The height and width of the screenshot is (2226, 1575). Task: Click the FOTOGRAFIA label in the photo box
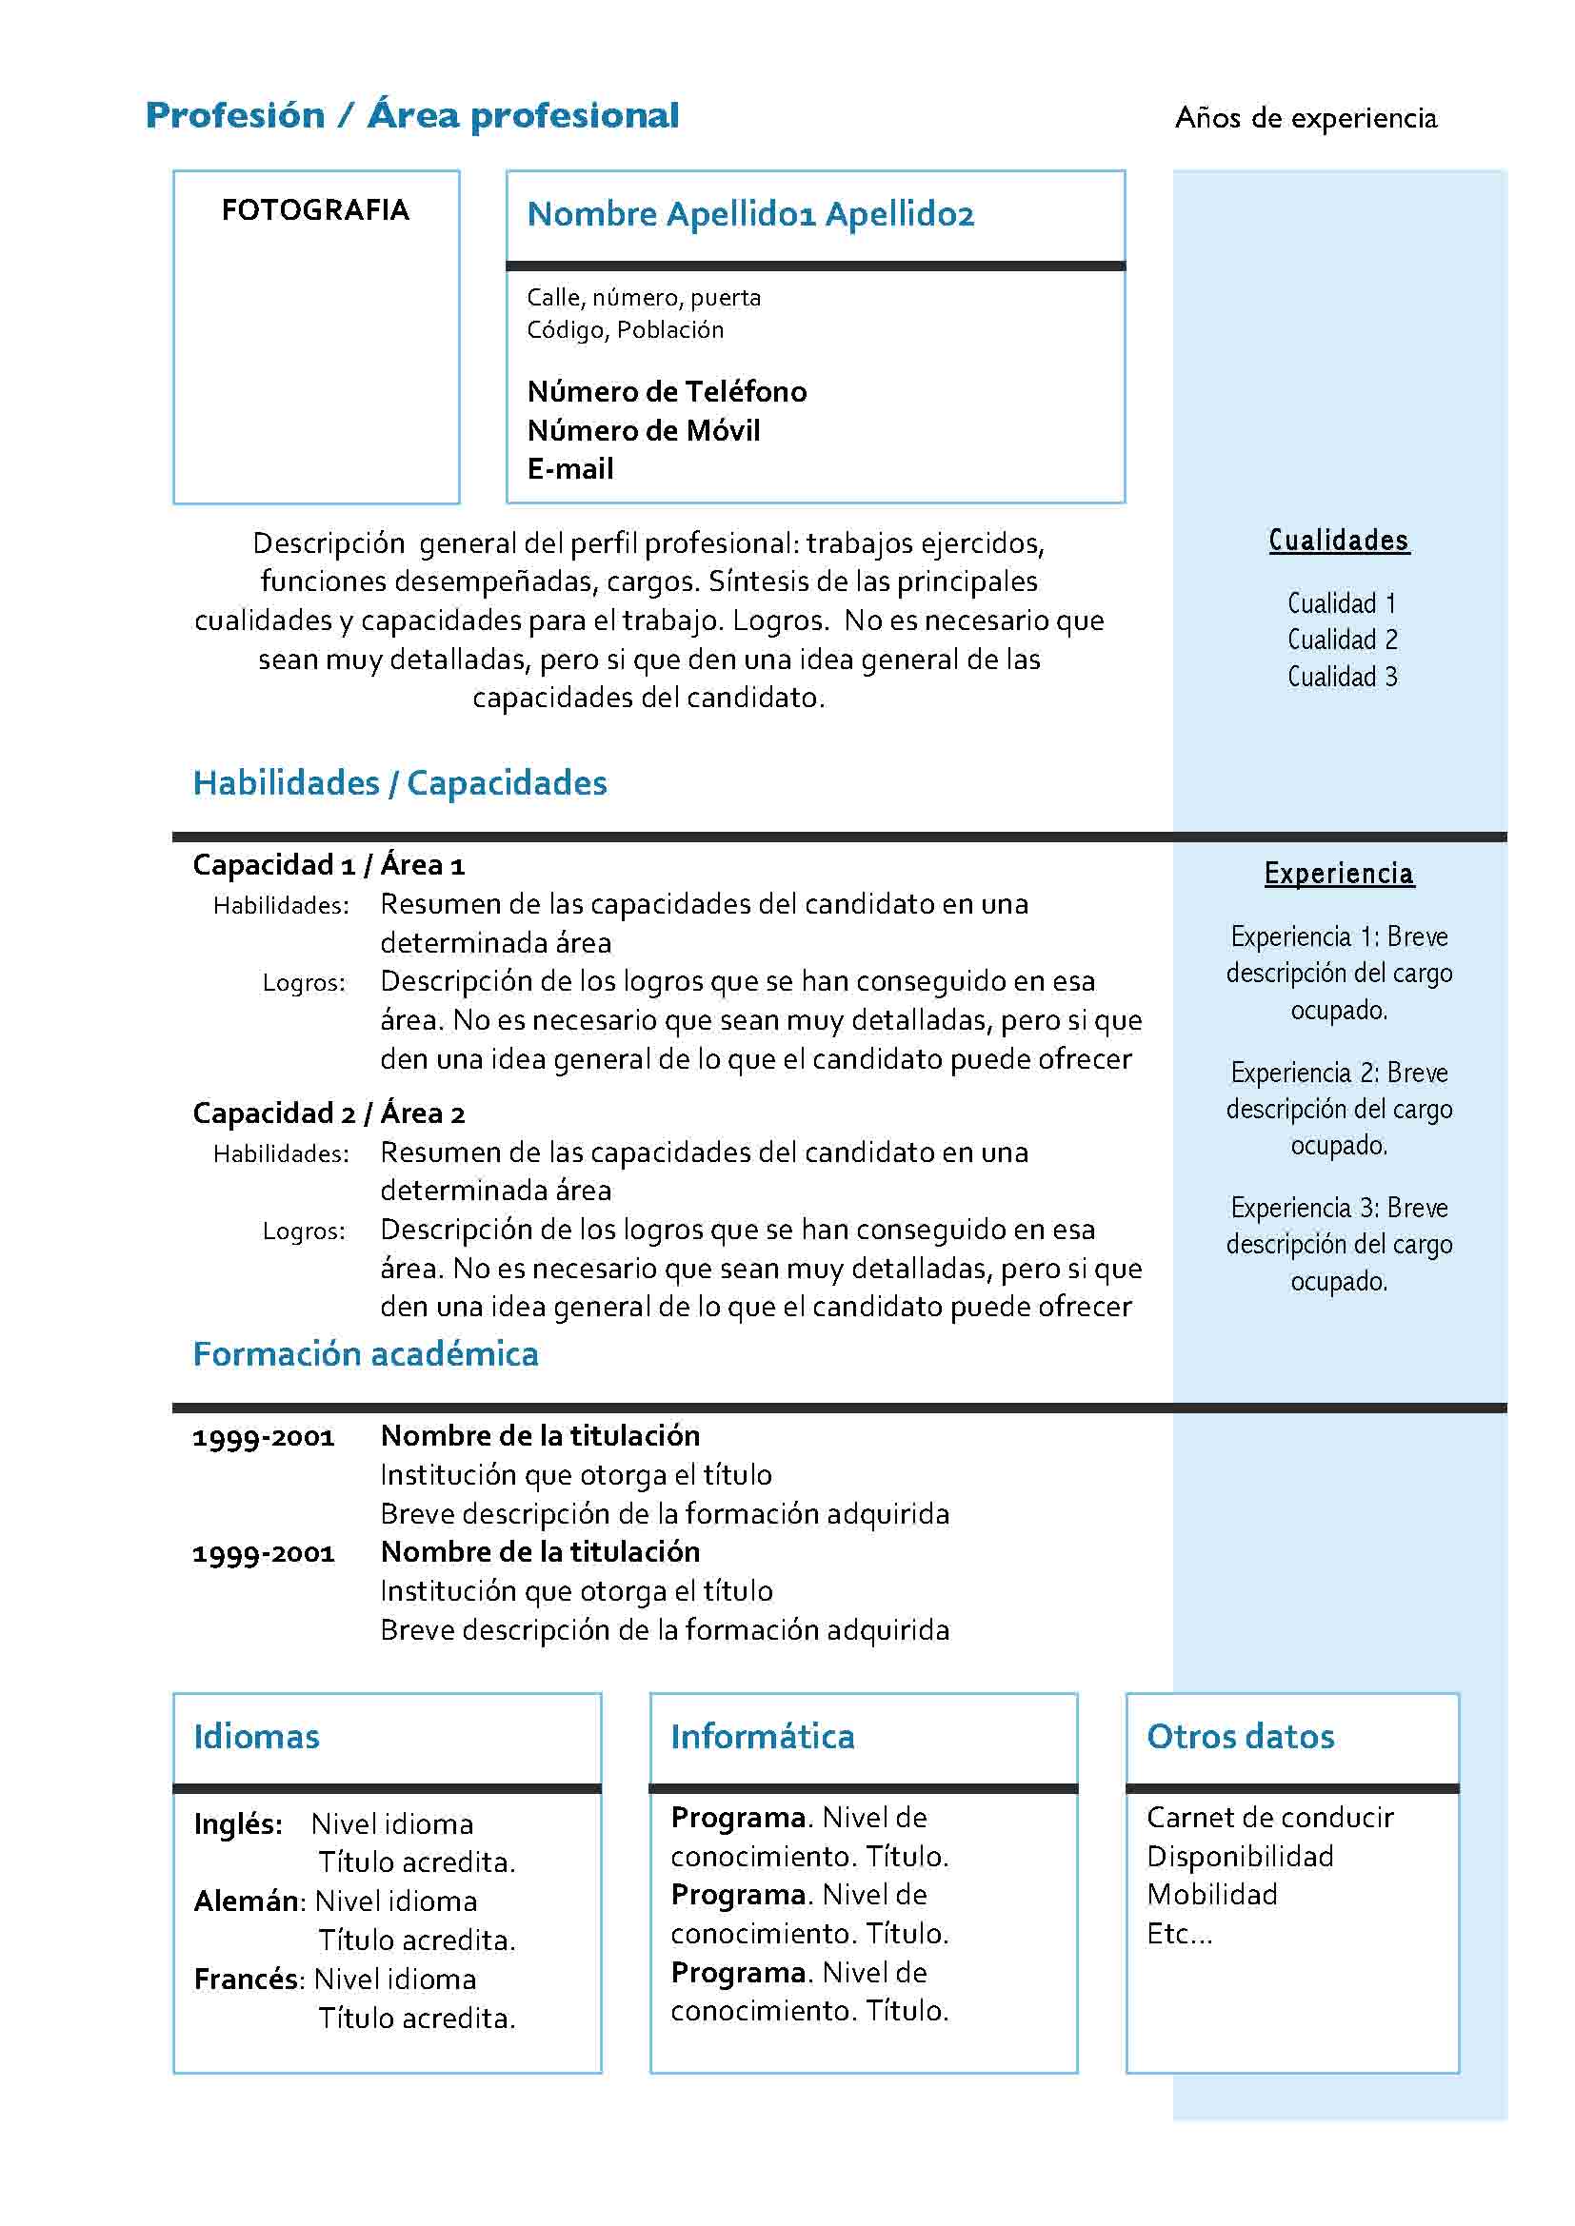tap(315, 209)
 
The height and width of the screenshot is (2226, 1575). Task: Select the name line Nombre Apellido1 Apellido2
tap(749, 214)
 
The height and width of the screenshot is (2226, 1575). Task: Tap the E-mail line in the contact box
tap(569, 469)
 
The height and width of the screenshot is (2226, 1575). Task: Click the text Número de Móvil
tap(643, 430)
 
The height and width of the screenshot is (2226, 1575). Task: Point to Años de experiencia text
tap(1306, 118)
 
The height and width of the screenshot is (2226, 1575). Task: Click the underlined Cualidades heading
tap(1338, 540)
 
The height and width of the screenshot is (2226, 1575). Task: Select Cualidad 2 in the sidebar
tap(1343, 640)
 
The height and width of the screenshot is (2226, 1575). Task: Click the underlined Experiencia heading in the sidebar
tap(1338, 874)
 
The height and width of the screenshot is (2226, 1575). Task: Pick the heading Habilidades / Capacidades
tap(400, 783)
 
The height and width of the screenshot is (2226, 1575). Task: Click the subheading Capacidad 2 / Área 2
tap(329, 1113)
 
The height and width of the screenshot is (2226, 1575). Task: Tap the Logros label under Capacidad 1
tap(304, 983)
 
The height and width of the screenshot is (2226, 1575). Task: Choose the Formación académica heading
tap(366, 1353)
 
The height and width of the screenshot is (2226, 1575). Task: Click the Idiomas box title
tap(256, 1737)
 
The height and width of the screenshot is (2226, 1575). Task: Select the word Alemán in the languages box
tap(247, 1901)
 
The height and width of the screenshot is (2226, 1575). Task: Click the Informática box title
tap(763, 1737)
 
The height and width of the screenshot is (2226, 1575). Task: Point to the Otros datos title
tap(1240, 1737)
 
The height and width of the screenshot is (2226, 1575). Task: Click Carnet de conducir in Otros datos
tap(1269, 1818)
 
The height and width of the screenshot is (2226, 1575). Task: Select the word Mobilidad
tap(1211, 1895)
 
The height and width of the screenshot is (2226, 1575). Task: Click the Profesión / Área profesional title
tap(412, 115)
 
